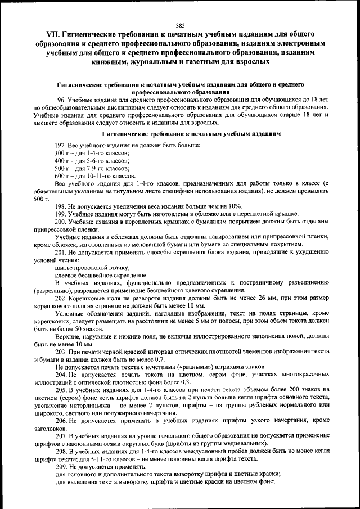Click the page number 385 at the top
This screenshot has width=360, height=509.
[180, 25]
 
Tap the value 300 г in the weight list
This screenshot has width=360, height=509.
[61, 153]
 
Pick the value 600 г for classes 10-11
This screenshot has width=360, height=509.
[61, 175]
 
